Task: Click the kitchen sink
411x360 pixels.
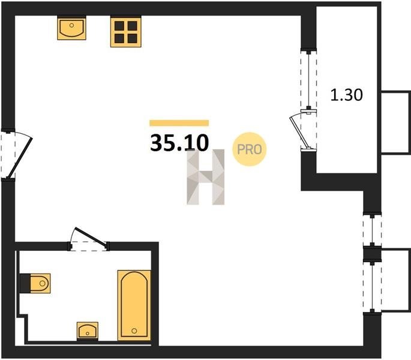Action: coord(71,28)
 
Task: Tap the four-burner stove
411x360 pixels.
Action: coord(126,32)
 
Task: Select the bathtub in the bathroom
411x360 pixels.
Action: coord(134,305)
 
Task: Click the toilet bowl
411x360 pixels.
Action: coord(40,283)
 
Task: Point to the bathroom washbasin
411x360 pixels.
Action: coord(88,331)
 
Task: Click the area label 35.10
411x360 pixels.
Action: coord(179,143)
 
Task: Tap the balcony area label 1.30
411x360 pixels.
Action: coord(347,95)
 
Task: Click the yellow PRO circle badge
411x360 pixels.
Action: coord(249,149)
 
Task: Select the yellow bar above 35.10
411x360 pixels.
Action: coord(179,123)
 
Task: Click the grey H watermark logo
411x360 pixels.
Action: coord(205,177)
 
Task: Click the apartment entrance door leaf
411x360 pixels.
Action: coord(19,158)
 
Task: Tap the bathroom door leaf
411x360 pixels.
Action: coord(91,238)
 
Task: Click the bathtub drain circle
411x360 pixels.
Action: coord(134,331)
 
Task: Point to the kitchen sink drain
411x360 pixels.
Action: coord(71,25)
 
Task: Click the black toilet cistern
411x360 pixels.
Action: coord(25,283)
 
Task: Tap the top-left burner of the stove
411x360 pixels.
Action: coord(119,26)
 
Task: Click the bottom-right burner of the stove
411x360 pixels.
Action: coord(133,38)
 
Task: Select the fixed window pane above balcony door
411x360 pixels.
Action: coord(309,80)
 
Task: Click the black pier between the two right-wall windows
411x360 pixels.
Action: coord(372,253)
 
